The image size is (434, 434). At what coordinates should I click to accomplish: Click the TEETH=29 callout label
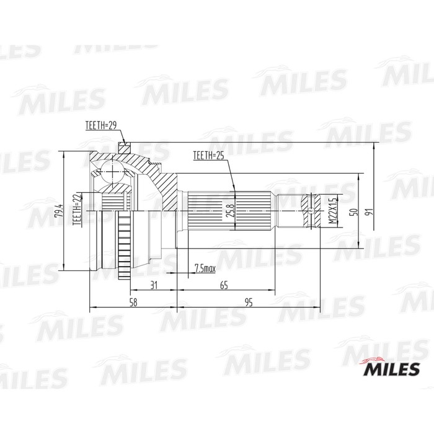pos(101,126)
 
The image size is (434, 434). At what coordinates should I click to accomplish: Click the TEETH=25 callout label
pos(208,156)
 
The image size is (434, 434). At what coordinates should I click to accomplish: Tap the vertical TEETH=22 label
pos(77,211)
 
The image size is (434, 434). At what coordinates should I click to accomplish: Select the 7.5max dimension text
pos(205,268)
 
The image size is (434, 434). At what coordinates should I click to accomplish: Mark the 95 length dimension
pos(248,303)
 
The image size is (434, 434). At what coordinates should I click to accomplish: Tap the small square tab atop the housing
pos(124,148)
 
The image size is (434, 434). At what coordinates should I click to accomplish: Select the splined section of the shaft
pos(229,211)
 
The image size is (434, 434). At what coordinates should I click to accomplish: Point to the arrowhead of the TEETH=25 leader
pos(233,188)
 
